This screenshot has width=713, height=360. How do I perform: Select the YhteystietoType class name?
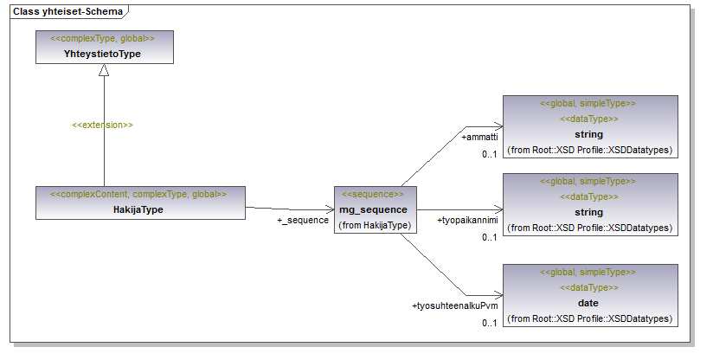tap(103, 55)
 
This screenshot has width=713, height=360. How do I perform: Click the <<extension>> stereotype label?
tap(102, 125)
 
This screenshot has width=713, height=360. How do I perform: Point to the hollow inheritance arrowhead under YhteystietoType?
tap(104, 71)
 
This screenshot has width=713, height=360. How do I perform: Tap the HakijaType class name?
tap(138, 209)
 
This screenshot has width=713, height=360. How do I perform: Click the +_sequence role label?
tap(303, 221)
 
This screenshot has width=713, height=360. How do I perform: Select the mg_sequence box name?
tap(374, 210)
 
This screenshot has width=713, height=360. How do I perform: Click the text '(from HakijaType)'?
tap(375, 225)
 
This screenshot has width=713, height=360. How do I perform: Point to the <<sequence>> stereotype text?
tap(374, 195)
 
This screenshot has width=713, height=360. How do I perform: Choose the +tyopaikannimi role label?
tap(468, 221)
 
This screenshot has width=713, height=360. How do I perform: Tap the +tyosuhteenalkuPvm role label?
tap(454, 305)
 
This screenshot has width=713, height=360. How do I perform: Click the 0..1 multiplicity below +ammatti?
tap(490, 154)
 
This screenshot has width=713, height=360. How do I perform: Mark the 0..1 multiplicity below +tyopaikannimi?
tap(490, 237)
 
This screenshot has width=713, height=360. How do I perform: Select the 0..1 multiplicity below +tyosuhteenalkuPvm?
tap(490, 323)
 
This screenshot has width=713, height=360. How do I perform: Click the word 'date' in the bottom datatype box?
tap(588, 304)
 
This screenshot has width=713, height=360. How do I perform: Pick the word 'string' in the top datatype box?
tap(588, 135)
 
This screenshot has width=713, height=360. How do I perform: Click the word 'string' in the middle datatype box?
tap(588, 212)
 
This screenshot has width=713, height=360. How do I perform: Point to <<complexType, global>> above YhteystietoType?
tap(103, 39)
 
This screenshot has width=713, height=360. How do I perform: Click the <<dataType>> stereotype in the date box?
tap(588, 288)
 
